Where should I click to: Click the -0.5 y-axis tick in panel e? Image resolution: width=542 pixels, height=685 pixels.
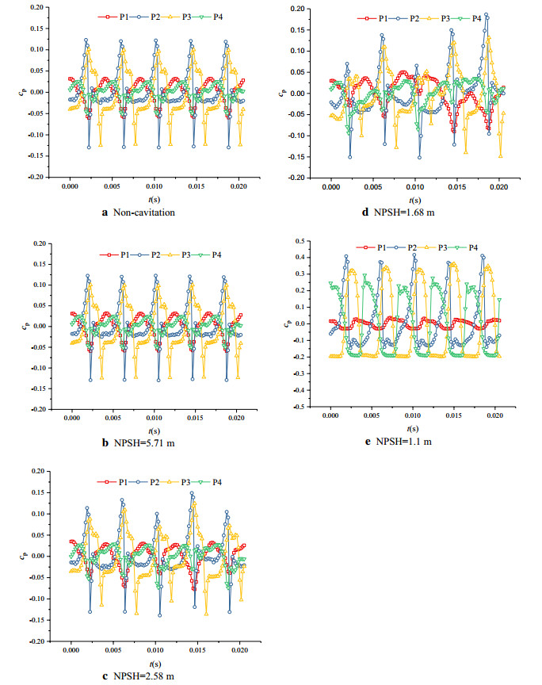click(301, 406)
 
